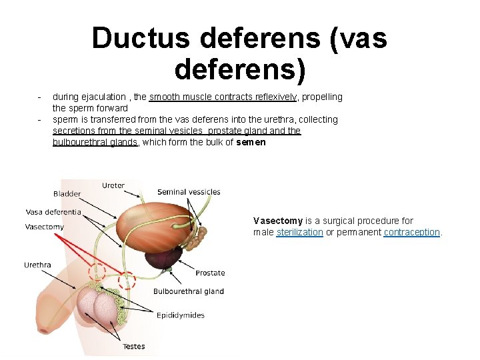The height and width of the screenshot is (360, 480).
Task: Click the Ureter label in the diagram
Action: pyautogui.click(x=113, y=185)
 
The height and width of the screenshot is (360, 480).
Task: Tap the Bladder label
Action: pyautogui.click(x=67, y=194)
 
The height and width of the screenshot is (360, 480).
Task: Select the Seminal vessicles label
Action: pyautogui.click(x=189, y=192)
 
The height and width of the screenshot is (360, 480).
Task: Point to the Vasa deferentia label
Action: pyautogui.click(x=53, y=212)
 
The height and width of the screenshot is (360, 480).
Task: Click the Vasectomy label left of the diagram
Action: pyautogui.click(x=44, y=227)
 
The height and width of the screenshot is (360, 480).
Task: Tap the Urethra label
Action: pyautogui.click(x=37, y=265)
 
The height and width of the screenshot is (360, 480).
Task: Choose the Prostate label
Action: pyautogui.click(x=210, y=273)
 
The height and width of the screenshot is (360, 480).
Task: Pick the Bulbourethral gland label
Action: pyautogui.click(x=189, y=291)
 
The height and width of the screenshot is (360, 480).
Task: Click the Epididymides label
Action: pyautogui.click(x=180, y=315)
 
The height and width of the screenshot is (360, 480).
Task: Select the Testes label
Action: pyautogui.click(x=133, y=347)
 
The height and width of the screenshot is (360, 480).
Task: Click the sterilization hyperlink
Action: pyautogui.click(x=299, y=232)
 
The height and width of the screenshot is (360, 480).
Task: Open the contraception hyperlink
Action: pyautogui.click(x=411, y=232)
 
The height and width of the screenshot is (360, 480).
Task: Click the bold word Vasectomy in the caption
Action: pyautogui.click(x=277, y=221)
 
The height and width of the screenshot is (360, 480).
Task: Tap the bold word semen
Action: pyautogui.click(x=251, y=142)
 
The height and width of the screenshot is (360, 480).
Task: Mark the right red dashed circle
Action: pyautogui.click(x=127, y=281)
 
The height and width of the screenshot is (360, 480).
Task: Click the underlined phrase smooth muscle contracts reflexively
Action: pyautogui.click(x=223, y=97)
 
